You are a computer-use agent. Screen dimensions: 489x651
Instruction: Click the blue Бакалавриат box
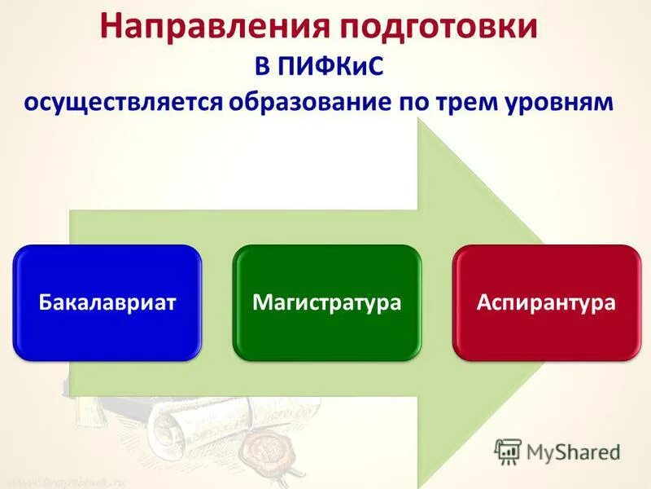[x=107, y=302]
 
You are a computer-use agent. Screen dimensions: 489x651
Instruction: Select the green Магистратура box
[x=326, y=302]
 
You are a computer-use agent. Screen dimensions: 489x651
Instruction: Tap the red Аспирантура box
[x=546, y=302]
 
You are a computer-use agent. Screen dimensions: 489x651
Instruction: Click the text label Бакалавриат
[x=107, y=303]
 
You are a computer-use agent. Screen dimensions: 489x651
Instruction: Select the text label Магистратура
[x=326, y=303]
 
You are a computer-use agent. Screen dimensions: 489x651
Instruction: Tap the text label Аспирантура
[x=546, y=303]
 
